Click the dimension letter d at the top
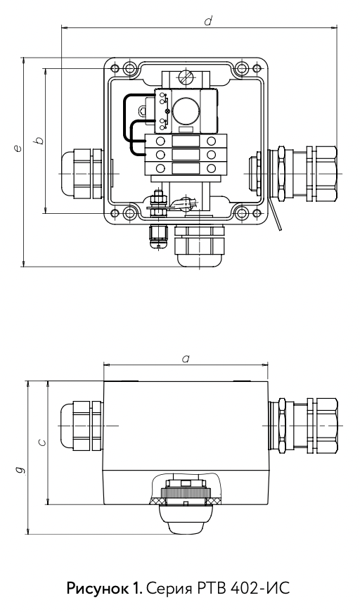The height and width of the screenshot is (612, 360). pos(208,20)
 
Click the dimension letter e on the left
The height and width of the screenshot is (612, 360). pos(17,148)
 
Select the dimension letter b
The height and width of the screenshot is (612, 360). pos(39,140)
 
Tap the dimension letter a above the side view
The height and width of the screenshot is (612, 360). pos(186,359)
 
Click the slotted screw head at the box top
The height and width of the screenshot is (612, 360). pos(186,77)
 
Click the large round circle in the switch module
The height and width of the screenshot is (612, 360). pos(186,111)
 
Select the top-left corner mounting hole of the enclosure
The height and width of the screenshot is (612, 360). pos(129,68)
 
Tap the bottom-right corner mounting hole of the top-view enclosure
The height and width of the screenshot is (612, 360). pos(242,213)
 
